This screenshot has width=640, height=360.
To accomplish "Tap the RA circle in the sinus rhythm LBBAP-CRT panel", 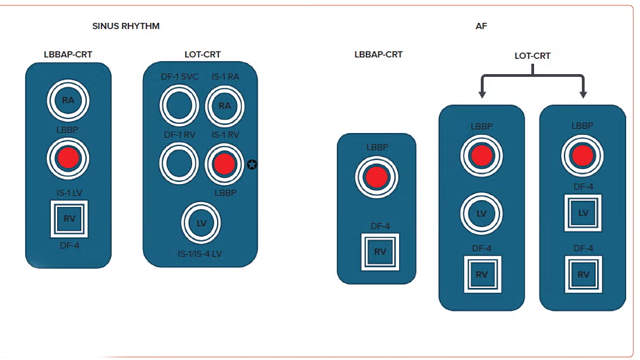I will pyautogui.click(x=68, y=100).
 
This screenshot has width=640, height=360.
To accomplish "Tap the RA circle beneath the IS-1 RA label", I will pyautogui.click(x=225, y=106).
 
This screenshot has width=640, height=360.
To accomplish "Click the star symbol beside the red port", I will pyautogui.click(x=252, y=164).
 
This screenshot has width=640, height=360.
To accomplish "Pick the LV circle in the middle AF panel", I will pyautogui.click(x=481, y=213).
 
